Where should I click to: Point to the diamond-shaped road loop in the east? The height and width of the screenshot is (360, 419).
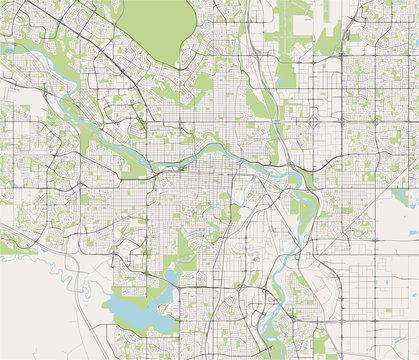point(314,121)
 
